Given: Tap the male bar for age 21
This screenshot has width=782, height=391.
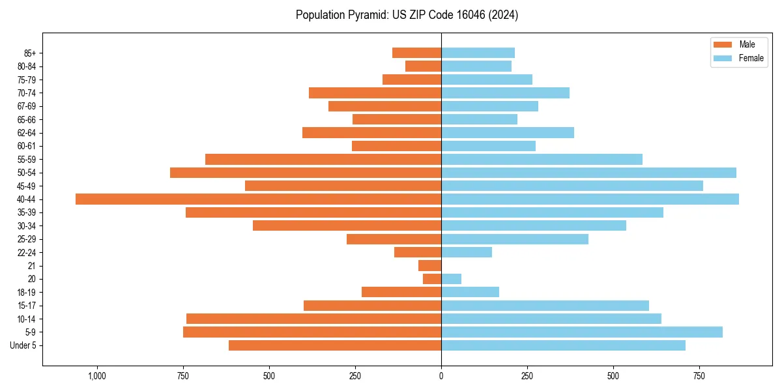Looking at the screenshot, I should click(430, 266).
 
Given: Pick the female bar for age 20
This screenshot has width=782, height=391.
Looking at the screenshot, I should click(452, 279).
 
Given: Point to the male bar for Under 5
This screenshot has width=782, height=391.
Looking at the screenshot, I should click(335, 345).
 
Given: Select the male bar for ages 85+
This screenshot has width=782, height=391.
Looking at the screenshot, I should click(417, 53).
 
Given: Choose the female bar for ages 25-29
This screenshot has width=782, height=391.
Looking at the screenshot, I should click(515, 239).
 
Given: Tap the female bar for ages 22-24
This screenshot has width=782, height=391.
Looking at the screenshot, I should click(467, 252).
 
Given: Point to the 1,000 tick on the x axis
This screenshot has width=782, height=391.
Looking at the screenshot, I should click(97, 376).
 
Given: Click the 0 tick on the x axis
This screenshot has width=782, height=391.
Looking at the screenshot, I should click(441, 376).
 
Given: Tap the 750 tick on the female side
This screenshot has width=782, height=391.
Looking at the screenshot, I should click(699, 376).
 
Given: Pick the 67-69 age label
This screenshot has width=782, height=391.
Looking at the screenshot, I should click(27, 106).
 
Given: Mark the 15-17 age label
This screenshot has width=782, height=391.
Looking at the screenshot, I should click(27, 306).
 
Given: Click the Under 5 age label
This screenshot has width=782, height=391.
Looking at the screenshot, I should click(23, 345).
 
